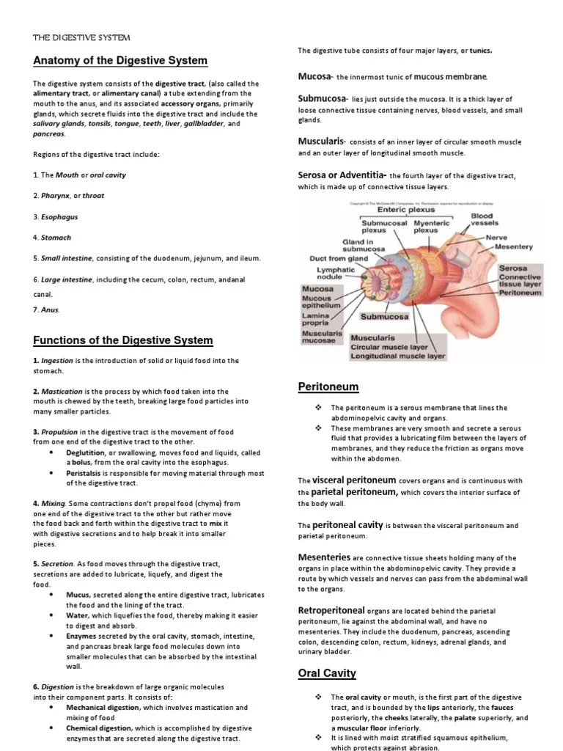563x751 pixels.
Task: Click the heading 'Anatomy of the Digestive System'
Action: coord(120,60)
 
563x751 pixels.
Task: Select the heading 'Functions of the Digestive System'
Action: coord(123,340)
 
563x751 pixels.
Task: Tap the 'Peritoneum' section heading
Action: coord(328,386)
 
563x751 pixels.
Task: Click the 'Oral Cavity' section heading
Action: coord(327,673)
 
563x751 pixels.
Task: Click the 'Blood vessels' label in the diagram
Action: coord(484,219)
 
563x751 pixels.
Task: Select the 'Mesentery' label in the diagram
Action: coord(513,247)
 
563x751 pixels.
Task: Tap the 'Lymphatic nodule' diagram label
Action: coord(335,274)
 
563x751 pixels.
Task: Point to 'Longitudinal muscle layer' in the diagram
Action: coord(397,356)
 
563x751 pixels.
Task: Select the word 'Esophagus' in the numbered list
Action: coord(59,217)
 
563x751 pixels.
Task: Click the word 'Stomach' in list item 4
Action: coord(56,238)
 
